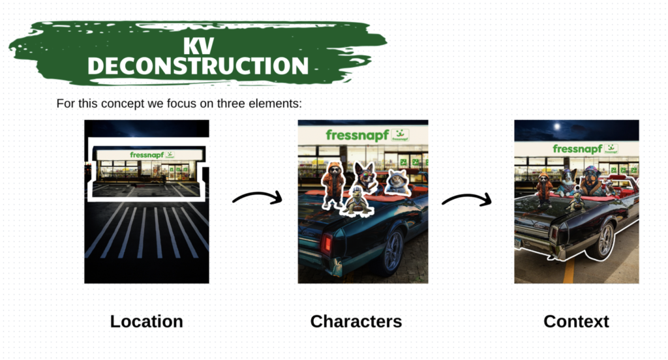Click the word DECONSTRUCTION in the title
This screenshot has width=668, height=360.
[x=198, y=66]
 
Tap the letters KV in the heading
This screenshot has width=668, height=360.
[x=198, y=46]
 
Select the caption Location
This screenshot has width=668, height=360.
[x=147, y=322]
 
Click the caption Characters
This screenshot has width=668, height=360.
[x=356, y=322]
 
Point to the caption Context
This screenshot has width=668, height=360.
[x=576, y=322]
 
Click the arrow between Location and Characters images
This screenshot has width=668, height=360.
[x=258, y=195]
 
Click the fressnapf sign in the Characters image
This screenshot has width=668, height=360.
[x=367, y=135]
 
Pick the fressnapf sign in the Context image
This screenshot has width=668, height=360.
[x=585, y=149]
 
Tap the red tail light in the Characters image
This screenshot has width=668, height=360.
[x=327, y=243]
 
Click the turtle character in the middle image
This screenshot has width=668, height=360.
[x=357, y=202]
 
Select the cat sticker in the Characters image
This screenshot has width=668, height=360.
[x=397, y=182]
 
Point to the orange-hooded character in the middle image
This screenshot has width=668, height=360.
[x=333, y=185]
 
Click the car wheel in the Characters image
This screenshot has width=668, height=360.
[x=392, y=250]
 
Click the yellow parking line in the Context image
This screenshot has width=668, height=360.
[x=569, y=271]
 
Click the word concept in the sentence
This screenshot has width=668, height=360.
[x=123, y=104]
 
